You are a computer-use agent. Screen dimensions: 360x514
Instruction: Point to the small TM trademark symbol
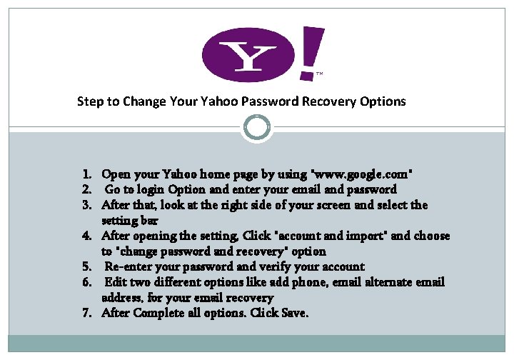(319, 74)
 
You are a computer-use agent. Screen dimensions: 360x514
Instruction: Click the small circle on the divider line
(256, 128)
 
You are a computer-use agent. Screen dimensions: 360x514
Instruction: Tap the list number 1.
(86, 174)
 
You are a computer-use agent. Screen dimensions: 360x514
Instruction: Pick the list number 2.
(86, 190)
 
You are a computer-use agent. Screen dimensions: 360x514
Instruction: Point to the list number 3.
(86, 206)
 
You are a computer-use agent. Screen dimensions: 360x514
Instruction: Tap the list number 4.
(86, 236)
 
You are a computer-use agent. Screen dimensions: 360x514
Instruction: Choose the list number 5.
(86, 267)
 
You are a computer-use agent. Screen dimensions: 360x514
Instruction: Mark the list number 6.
(86, 283)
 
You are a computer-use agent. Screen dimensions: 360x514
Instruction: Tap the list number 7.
(86, 314)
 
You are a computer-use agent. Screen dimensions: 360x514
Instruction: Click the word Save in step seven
(295, 314)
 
